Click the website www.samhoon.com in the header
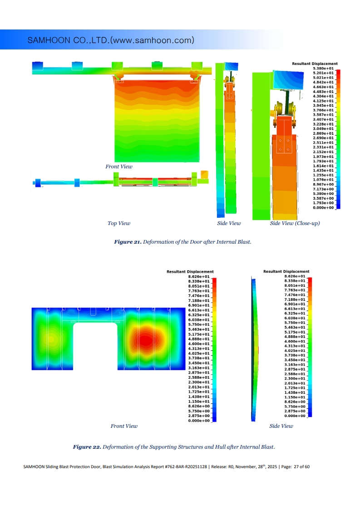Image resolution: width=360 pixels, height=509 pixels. tap(153, 40)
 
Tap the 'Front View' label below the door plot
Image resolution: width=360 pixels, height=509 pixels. tap(119, 166)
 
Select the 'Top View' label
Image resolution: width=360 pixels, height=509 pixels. tap(119, 223)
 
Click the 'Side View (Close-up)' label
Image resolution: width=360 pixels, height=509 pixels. tap(295, 223)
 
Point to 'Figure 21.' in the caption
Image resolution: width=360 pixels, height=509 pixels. tap(128, 242)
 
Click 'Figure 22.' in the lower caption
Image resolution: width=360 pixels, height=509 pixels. tap(87, 447)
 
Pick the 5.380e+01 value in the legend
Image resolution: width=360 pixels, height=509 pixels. tap(323, 69)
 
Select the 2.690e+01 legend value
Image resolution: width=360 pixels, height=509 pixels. tap(323, 138)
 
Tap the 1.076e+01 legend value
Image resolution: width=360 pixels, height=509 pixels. tap(323, 180)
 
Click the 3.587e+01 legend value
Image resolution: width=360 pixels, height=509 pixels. tap(323, 115)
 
